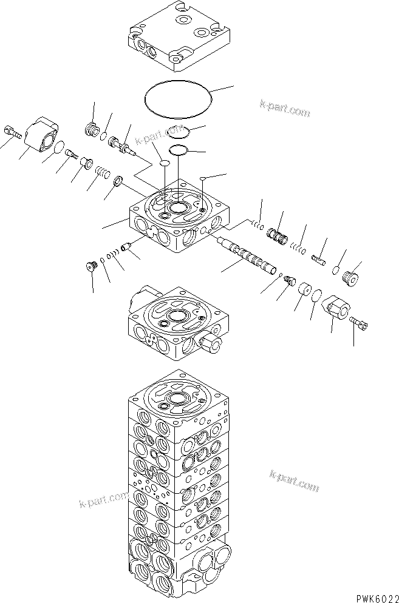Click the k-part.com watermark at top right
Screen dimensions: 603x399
[284, 109]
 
